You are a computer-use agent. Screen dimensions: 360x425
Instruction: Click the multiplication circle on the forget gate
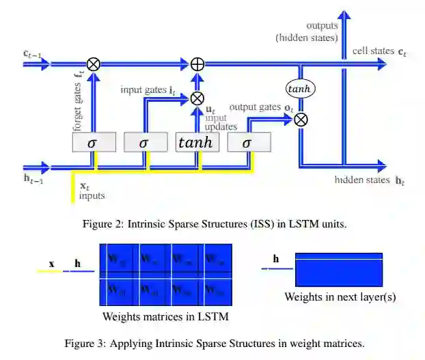tap(94, 64)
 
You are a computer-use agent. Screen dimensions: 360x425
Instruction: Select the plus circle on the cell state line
tap(197, 64)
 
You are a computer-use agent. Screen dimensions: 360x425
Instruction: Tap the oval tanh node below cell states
tap(299, 89)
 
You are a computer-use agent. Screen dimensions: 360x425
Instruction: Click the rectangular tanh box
tap(197, 142)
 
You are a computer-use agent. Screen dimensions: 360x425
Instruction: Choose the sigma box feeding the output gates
tap(247, 142)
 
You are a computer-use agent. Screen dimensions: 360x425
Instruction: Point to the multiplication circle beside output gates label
tap(299, 119)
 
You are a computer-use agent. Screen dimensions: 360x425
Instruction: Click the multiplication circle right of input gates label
tap(197, 98)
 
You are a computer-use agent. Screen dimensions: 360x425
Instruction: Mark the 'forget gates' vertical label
tap(77, 103)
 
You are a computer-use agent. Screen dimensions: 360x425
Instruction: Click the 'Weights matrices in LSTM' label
tap(165, 316)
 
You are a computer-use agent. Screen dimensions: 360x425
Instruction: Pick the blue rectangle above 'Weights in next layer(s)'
tap(339, 269)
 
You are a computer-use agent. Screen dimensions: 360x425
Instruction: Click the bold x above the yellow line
tap(51, 263)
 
